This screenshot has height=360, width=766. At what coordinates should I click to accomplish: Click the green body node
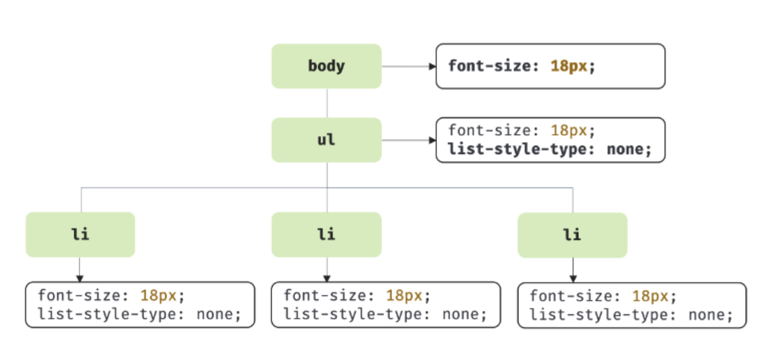tap(327, 66)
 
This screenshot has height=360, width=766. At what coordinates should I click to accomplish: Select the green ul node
tap(327, 140)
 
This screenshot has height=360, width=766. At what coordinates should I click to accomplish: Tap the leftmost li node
tap(80, 235)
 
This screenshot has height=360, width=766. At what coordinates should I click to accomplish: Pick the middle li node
tap(327, 235)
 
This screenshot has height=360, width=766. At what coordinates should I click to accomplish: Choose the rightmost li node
tap(572, 235)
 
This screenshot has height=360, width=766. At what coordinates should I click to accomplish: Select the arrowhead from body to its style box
tap(433, 66)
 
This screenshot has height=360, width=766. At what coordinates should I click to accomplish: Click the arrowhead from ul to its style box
tap(433, 140)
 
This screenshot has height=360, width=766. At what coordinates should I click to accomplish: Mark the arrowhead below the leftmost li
tap(80, 279)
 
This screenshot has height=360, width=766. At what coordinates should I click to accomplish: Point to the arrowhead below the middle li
tap(327, 279)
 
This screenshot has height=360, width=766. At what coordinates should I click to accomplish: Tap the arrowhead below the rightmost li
tap(573, 279)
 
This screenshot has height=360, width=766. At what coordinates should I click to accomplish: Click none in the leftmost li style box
tap(215, 314)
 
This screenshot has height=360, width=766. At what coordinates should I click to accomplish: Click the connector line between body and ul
tap(327, 103)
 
